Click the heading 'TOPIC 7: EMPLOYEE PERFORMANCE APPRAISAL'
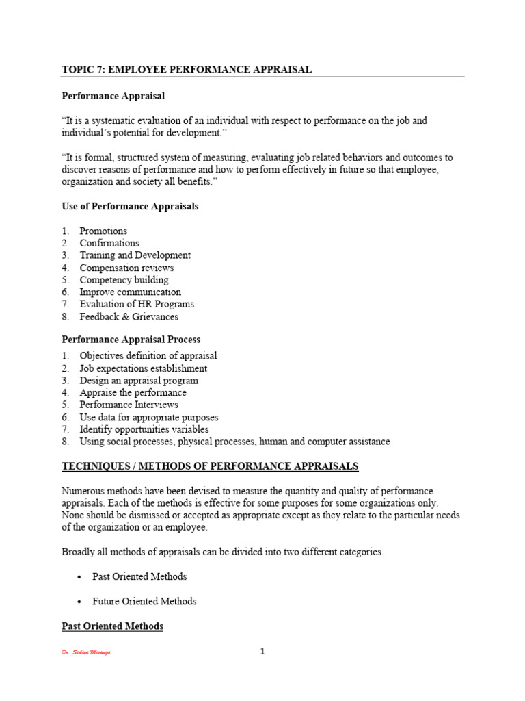(x=187, y=69)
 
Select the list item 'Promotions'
(x=103, y=231)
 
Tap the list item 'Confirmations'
(x=109, y=243)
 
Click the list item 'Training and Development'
(x=135, y=255)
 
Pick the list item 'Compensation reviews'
(x=126, y=268)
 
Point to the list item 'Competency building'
(x=124, y=280)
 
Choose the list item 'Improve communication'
(x=130, y=292)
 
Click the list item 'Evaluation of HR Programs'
(x=137, y=305)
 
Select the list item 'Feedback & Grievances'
(x=129, y=317)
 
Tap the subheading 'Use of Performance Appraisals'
(x=130, y=206)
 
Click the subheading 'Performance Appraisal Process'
(x=131, y=340)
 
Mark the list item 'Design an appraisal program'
(x=139, y=381)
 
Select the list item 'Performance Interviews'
(x=129, y=405)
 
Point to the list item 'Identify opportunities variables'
(x=144, y=430)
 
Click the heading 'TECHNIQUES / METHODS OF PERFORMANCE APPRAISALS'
(x=210, y=466)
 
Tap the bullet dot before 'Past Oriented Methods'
(x=81, y=577)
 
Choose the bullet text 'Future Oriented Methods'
(x=144, y=602)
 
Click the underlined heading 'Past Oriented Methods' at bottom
(x=113, y=626)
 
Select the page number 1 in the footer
(x=262, y=651)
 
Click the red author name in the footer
(x=86, y=652)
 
